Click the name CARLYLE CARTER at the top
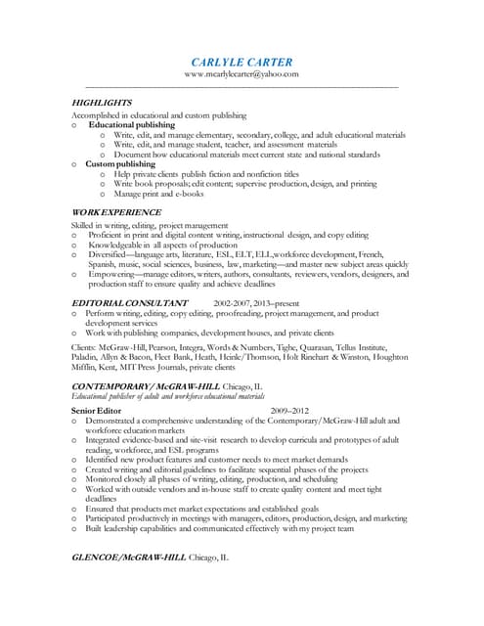coord(242,62)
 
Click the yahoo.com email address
coord(242,74)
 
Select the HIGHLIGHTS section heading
coord(103,102)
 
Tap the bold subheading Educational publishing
coord(132,125)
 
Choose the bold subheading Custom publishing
coord(120,164)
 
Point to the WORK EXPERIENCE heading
coord(117,212)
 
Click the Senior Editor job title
coord(96,410)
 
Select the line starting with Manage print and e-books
coord(156,194)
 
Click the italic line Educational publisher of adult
coord(167,396)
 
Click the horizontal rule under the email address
coord(242,88)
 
